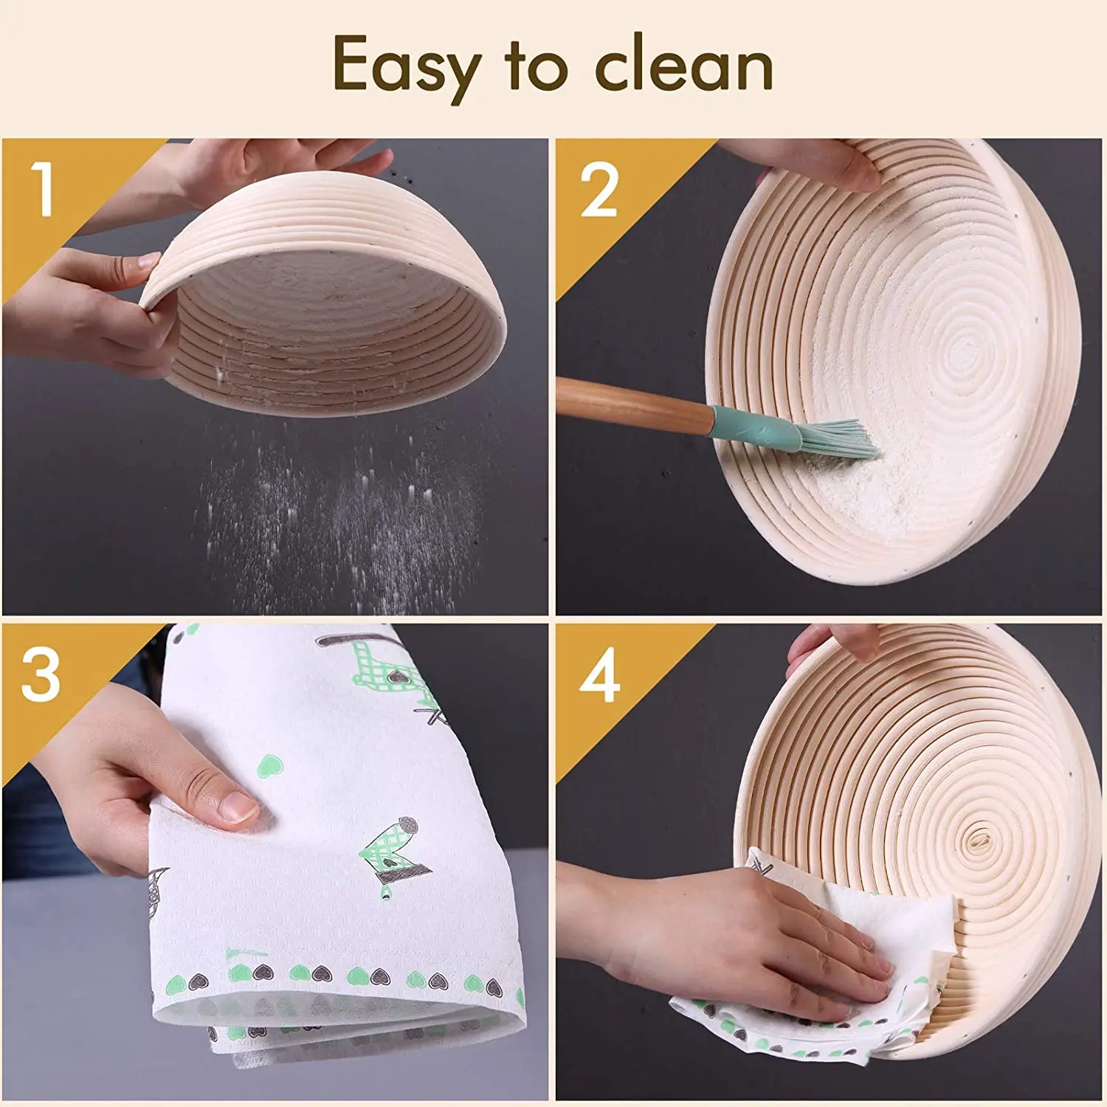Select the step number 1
point(44,190)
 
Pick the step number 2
point(599,190)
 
